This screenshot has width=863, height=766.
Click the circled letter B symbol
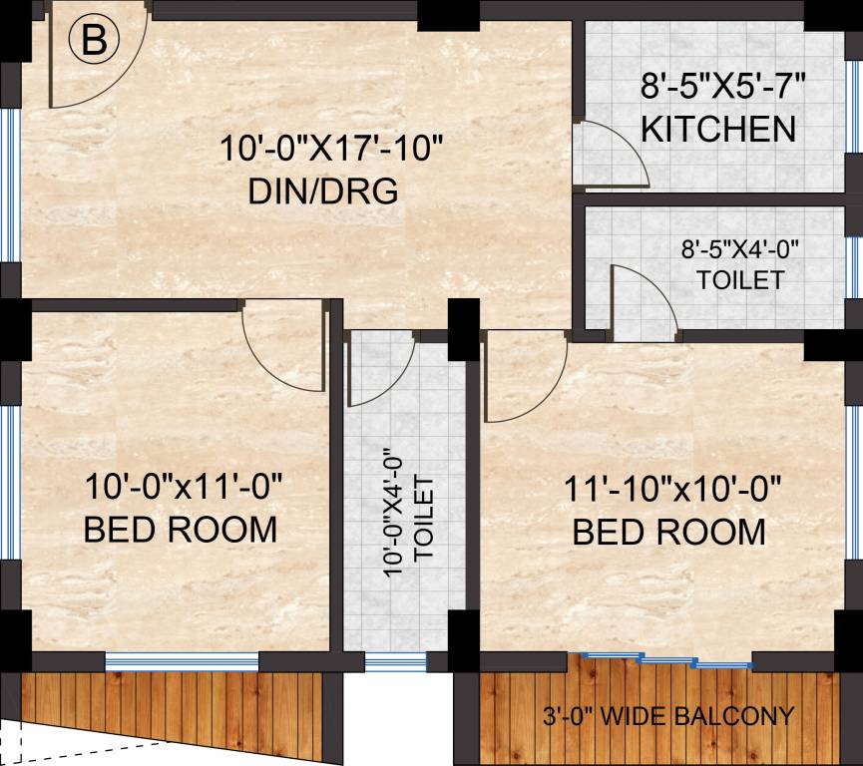click(94, 41)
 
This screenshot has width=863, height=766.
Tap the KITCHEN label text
click(718, 130)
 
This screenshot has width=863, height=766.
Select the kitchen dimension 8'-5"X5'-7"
click(722, 88)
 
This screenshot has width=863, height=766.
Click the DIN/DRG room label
click(323, 190)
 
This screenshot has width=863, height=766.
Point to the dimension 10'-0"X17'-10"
click(331, 150)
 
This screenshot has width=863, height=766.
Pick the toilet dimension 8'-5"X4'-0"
click(740, 247)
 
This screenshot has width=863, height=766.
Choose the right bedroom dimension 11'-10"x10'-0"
click(671, 490)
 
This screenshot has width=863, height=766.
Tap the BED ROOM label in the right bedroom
click(669, 532)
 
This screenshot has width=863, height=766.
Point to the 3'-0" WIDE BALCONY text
click(667, 716)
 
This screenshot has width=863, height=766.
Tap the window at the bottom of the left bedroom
click(182, 660)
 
